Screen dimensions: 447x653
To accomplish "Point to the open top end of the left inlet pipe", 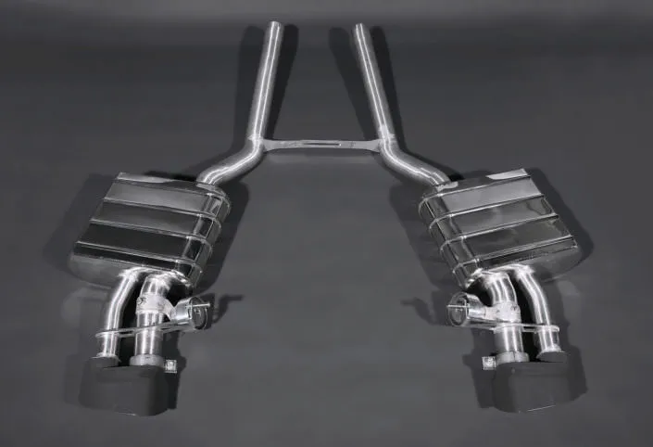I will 274,25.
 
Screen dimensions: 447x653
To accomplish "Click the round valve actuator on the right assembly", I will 460,313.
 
